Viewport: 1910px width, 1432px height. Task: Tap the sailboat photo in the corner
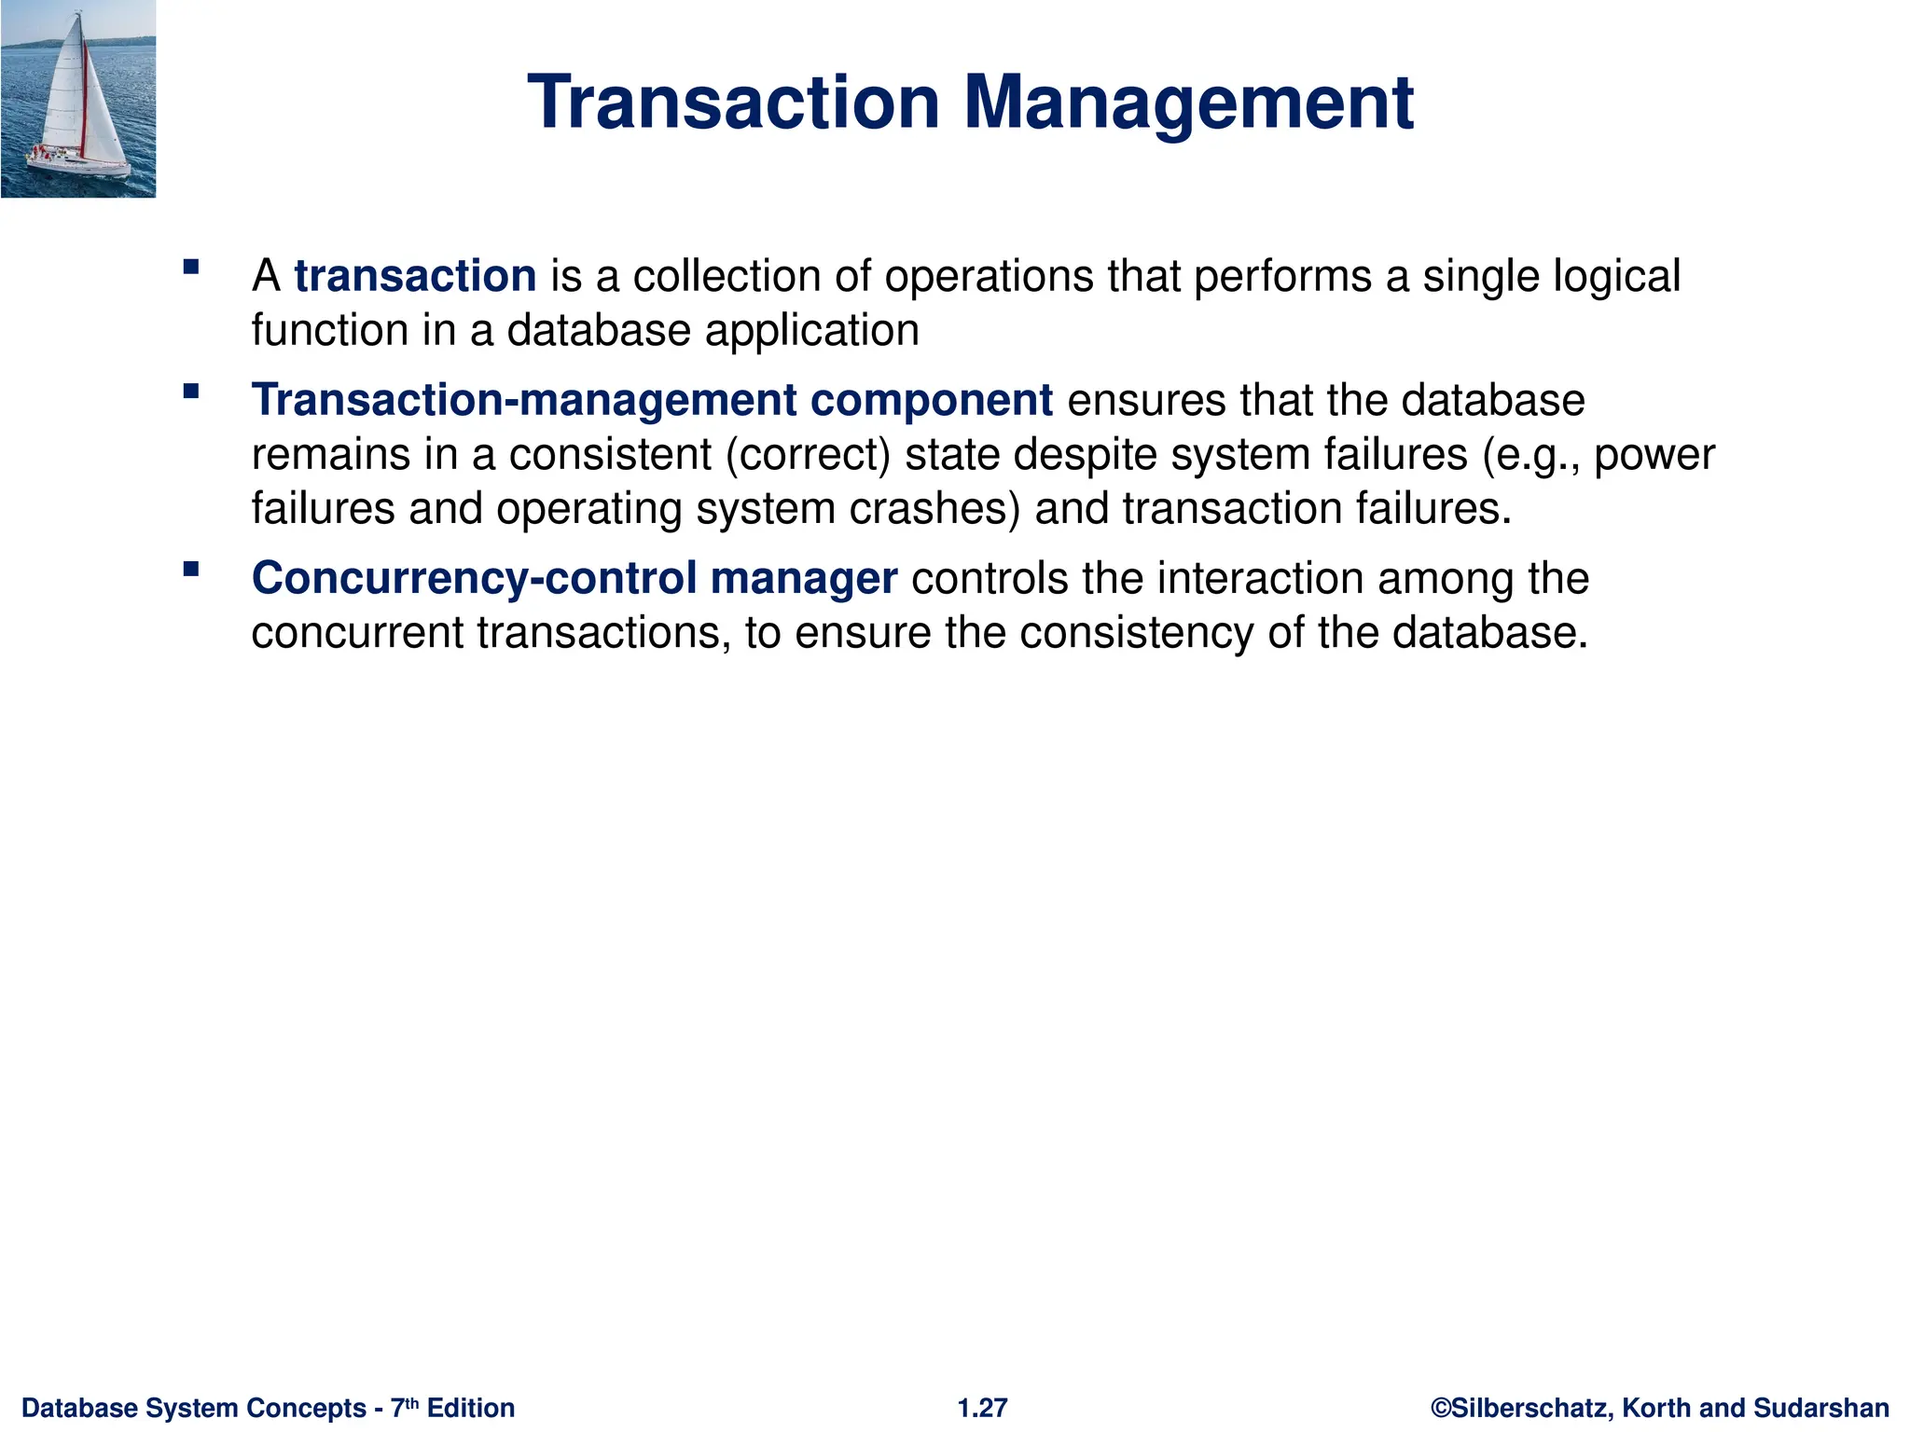click(x=78, y=99)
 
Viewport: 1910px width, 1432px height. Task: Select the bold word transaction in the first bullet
click(x=415, y=276)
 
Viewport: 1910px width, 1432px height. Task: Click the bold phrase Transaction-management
click(x=524, y=401)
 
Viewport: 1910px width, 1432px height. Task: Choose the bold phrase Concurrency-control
click(x=474, y=578)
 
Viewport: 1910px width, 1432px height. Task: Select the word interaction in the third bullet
click(x=1260, y=578)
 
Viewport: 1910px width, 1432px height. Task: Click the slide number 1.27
click(x=982, y=1408)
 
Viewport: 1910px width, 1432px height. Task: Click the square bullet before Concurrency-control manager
click(x=192, y=569)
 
